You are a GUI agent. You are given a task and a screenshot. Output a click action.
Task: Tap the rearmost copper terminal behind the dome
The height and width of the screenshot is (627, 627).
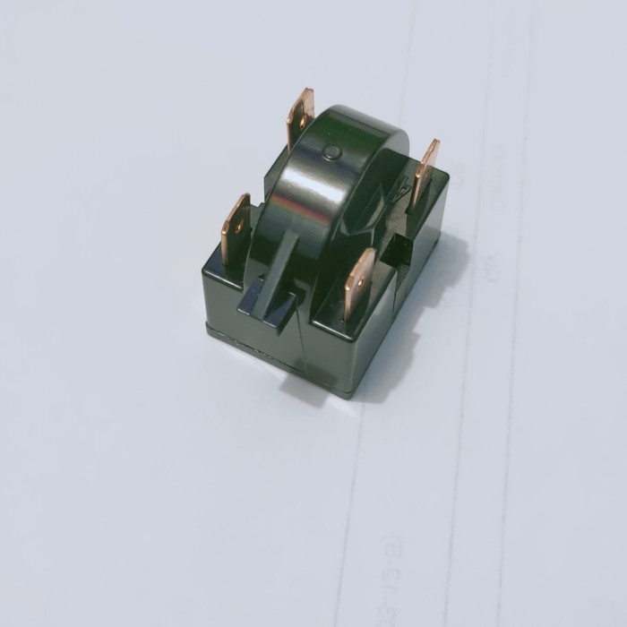click(x=300, y=116)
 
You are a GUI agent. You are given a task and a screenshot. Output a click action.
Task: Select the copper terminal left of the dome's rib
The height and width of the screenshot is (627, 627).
click(x=235, y=228)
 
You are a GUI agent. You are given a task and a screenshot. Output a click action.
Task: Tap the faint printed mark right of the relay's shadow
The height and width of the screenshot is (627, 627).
click(x=490, y=270)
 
